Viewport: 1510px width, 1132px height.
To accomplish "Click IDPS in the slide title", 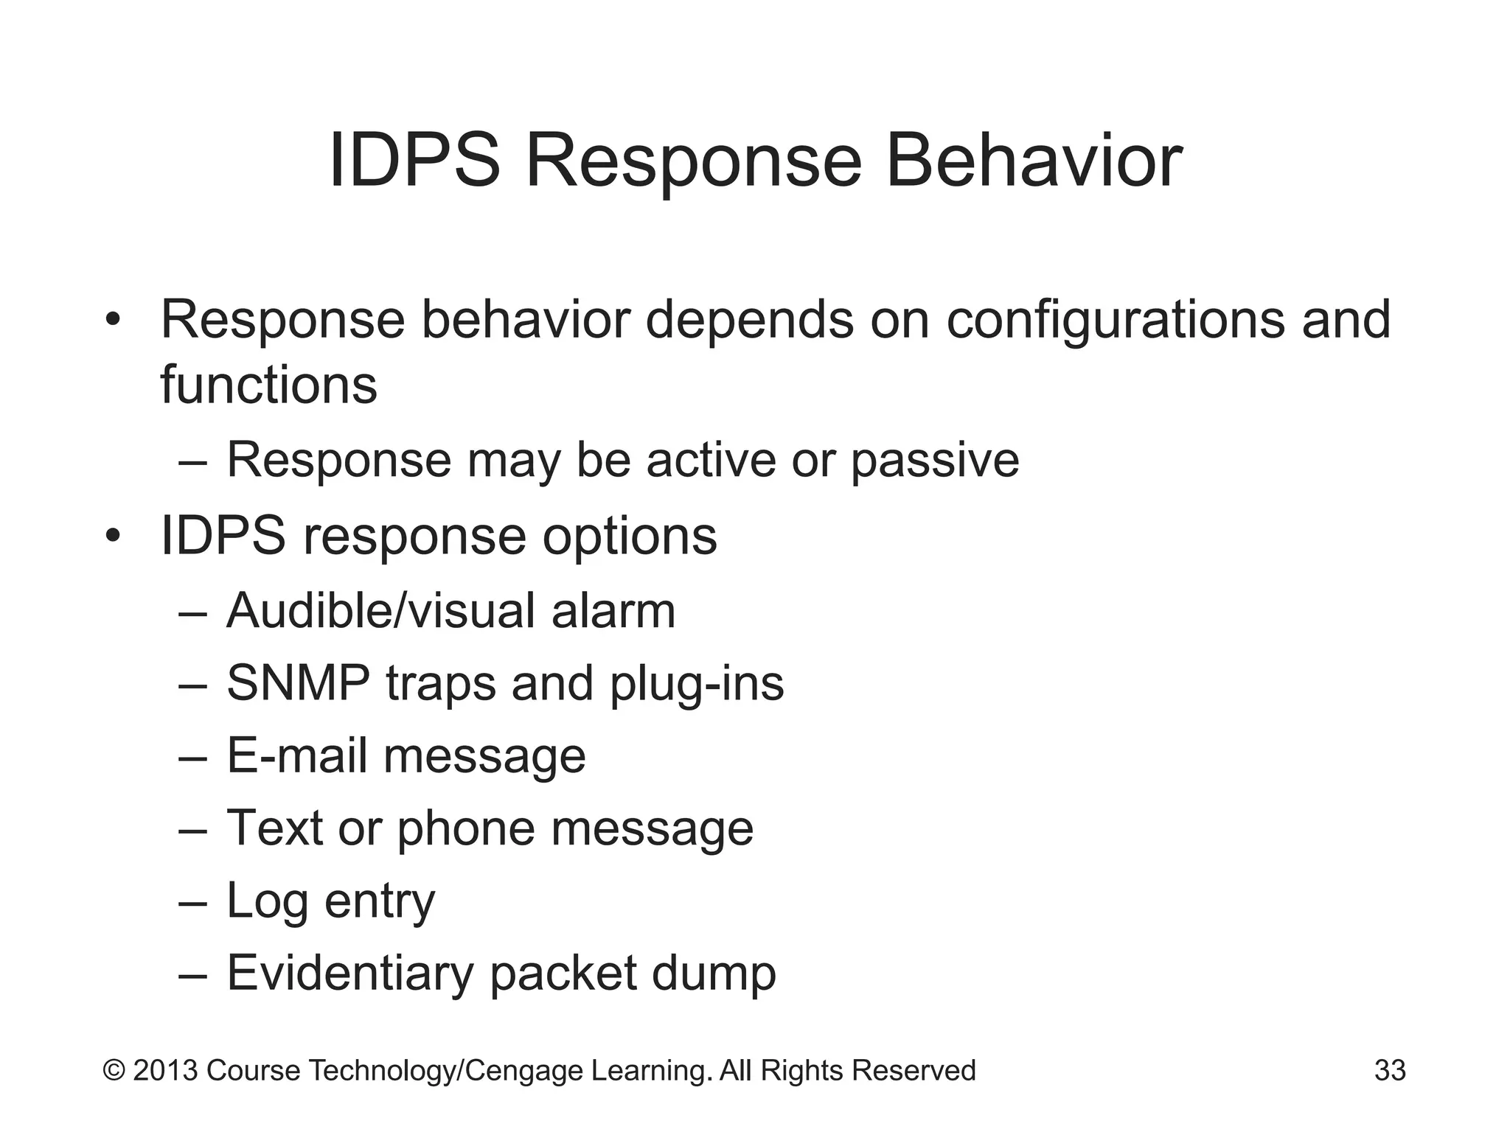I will (414, 161).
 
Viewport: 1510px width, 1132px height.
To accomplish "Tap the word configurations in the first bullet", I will (1115, 321).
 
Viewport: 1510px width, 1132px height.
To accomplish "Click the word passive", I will (935, 461).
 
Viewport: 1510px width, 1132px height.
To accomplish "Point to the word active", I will (710, 460).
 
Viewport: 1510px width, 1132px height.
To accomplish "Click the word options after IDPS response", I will (630, 537).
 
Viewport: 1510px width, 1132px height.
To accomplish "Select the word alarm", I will (613, 611).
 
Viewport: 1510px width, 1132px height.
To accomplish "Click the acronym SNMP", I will (298, 683).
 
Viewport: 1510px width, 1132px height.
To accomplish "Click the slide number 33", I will (1390, 1070).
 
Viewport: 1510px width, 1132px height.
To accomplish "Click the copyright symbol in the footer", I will (114, 1070).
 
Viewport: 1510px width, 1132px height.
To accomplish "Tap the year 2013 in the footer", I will (165, 1070).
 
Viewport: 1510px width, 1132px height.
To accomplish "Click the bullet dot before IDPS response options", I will (112, 537).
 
